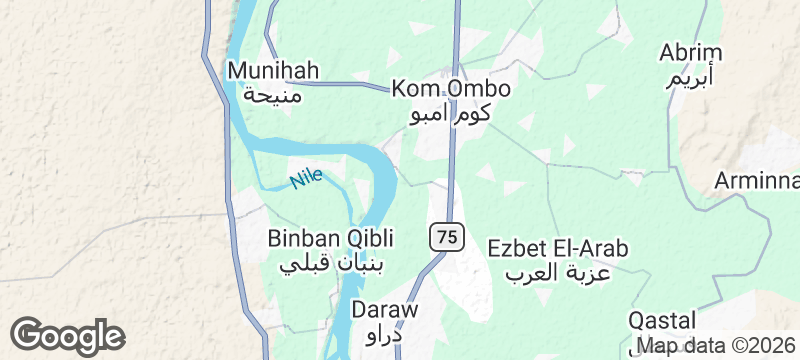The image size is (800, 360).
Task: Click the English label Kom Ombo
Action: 452,89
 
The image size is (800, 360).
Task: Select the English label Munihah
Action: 273,71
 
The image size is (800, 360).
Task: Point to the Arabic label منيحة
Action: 273,95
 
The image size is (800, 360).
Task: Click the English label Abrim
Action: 691,53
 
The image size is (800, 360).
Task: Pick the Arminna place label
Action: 758,181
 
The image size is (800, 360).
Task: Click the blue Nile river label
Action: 307,179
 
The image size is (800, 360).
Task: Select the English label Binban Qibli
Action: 331,239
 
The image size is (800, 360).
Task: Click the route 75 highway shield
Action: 448,237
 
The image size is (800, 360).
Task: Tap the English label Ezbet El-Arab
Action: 558,247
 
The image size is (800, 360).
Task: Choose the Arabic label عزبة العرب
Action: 558,272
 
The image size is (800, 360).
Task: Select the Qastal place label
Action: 662,321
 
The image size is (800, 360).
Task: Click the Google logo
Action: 67,336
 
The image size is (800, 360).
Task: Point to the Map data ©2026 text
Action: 717,347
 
